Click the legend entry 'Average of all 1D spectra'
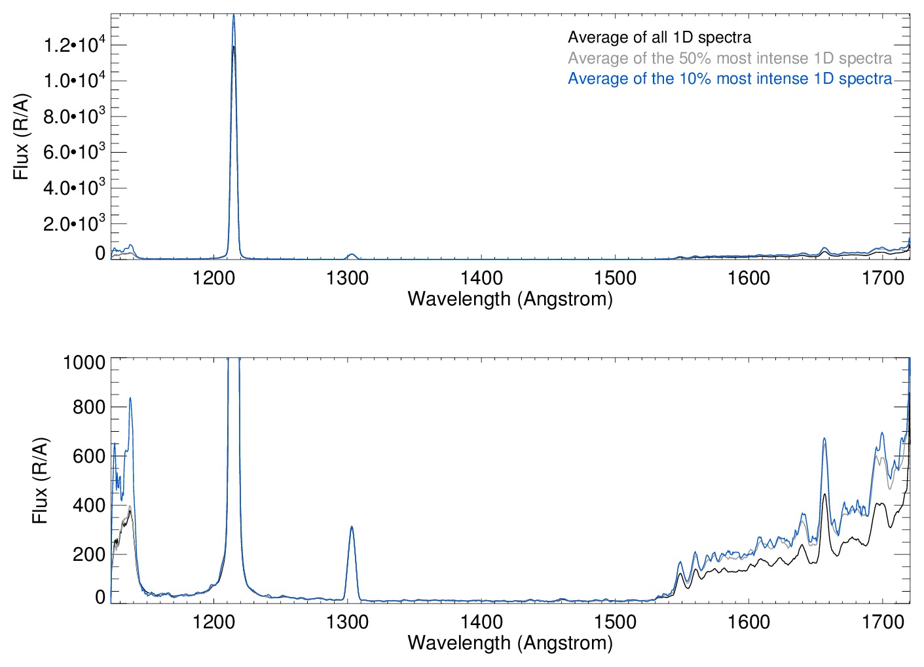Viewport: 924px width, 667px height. [x=659, y=37]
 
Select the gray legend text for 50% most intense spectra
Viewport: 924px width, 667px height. [x=730, y=58]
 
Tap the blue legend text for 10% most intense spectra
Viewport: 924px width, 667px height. [x=730, y=79]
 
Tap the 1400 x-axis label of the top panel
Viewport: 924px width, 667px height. [x=481, y=278]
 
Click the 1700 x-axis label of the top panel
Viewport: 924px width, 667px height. [x=883, y=278]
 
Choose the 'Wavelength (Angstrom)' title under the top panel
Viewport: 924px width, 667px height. [x=510, y=299]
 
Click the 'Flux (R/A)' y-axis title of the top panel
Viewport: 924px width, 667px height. [x=21, y=137]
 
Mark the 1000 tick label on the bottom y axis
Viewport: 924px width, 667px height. [x=84, y=362]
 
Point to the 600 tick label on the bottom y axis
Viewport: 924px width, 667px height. [x=89, y=456]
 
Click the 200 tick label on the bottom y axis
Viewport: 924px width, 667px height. [x=89, y=554]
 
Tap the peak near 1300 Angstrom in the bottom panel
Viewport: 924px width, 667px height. [x=352, y=527]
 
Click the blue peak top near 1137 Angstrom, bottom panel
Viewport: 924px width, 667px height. [x=130, y=398]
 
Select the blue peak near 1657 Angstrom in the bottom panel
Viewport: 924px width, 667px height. [x=824, y=439]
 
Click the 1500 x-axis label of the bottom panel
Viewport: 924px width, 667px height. [x=615, y=621]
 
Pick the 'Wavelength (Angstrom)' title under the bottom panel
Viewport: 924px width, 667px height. [x=510, y=643]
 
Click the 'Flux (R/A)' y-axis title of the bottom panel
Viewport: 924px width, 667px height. [x=40, y=481]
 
